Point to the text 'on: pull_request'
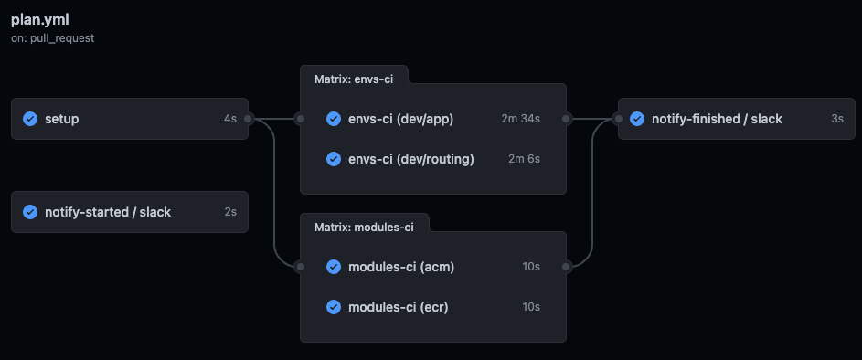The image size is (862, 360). (53, 39)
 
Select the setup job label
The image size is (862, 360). (62, 119)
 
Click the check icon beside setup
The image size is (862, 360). (30, 119)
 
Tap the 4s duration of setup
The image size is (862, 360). (229, 119)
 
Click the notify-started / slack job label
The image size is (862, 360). (107, 212)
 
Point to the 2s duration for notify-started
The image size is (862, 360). (229, 212)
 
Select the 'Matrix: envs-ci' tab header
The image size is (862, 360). (353, 79)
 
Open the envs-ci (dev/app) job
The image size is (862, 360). (401, 119)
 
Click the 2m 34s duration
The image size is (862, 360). (521, 119)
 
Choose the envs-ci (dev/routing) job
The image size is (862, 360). (411, 159)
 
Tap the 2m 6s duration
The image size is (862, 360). (524, 159)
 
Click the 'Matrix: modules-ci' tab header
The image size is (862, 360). (363, 227)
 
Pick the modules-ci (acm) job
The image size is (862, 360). (401, 267)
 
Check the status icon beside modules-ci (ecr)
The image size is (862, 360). (334, 307)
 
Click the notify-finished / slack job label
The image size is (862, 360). (717, 119)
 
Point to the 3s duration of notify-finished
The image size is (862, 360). (836, 119)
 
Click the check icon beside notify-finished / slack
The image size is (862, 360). (637, 119)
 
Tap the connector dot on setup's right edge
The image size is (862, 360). (249, 119)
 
